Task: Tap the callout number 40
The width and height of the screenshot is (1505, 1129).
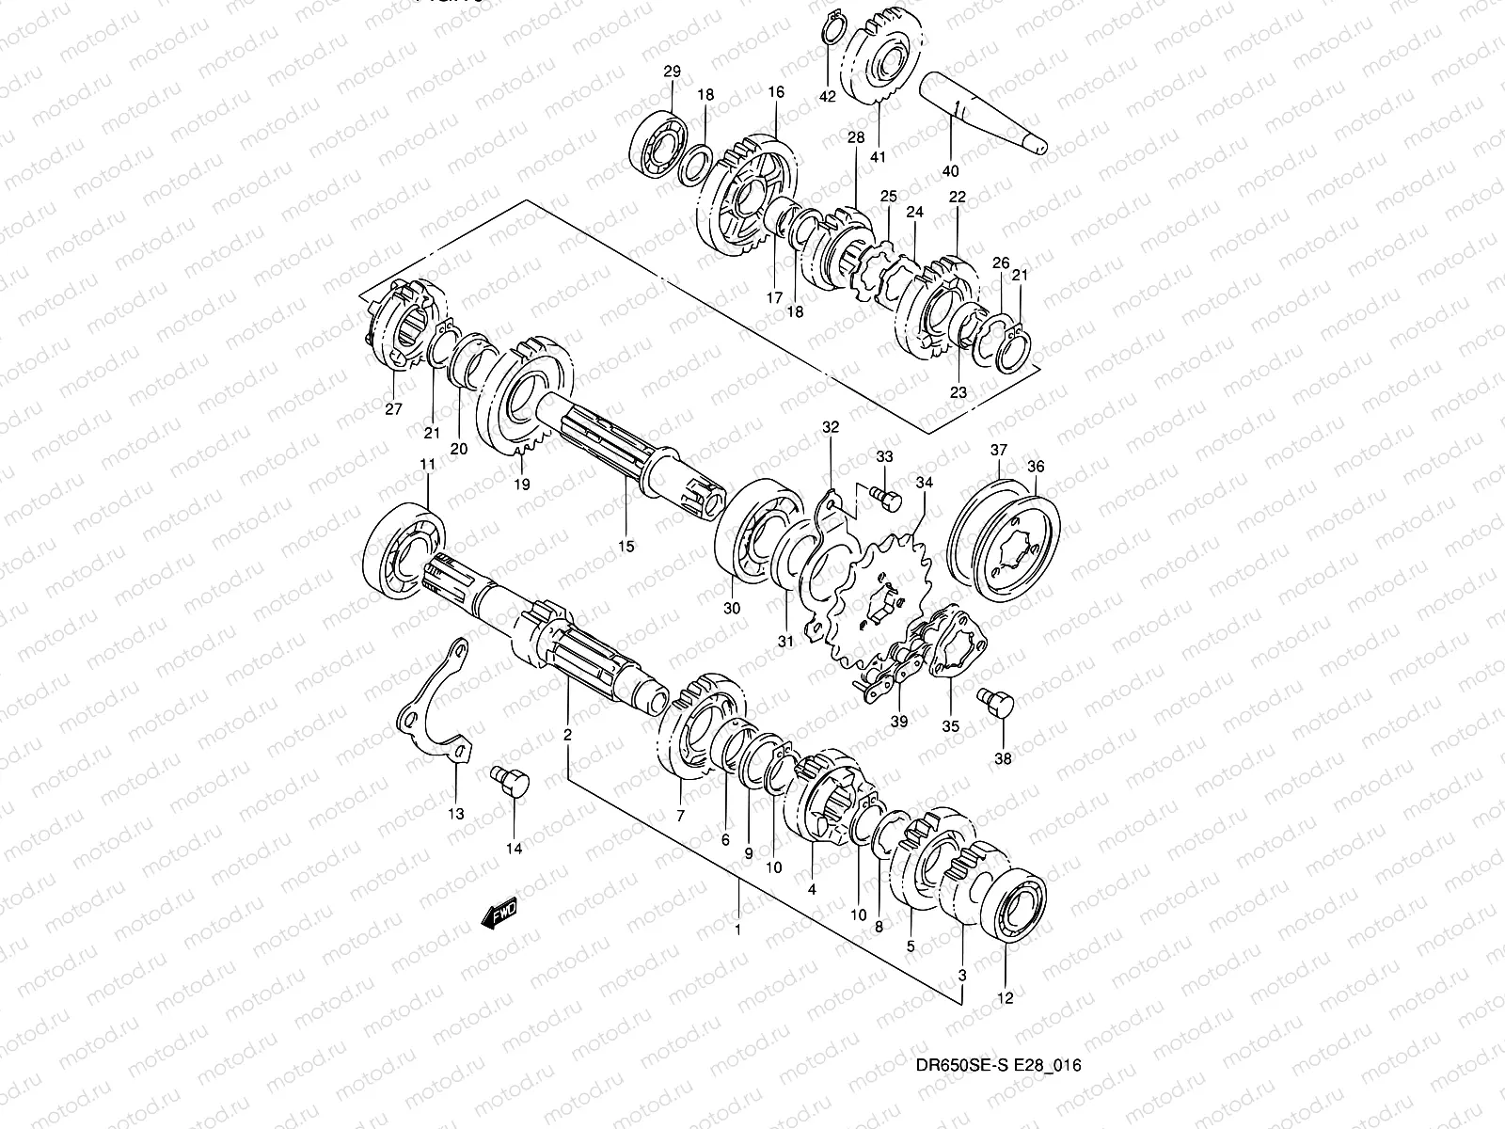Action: [950, 171]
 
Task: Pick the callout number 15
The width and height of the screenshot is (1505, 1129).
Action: [626, 546]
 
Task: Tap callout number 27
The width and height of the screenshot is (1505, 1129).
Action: [393, 408]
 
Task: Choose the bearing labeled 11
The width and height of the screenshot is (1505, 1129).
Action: [406, 555]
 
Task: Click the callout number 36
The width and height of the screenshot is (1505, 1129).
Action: [1036, 467]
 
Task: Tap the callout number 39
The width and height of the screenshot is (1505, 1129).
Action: [899, 721]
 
